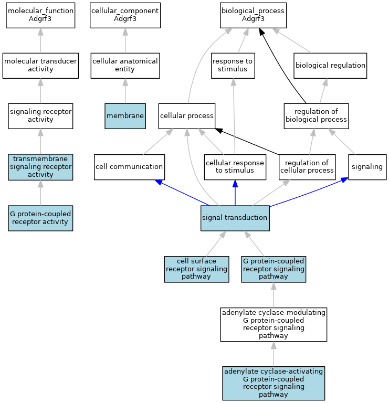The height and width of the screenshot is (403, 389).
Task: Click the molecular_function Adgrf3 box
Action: tap(40, 15)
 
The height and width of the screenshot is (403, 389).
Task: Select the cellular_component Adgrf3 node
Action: tap(125, 15)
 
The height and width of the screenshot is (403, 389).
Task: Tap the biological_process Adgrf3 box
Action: tap(253, 15)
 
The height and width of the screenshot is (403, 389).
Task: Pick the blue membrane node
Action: tap(125, 116)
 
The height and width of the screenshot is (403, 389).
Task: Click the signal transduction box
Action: tap(235, 218)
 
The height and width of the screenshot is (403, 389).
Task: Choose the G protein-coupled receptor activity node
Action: tap(40, 218)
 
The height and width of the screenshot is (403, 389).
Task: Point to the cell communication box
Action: tap(129, 167)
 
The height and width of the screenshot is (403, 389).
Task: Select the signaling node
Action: tap(367, 167)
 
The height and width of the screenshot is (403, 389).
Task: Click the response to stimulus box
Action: tap(233, 66)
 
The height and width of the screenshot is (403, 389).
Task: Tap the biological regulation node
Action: tap(330, 66)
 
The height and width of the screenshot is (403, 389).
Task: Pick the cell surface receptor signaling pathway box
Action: tap(197, 269)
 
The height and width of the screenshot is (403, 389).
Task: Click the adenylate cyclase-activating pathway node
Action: tap(274, 383)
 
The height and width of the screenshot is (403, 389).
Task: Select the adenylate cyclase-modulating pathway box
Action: tap(274, 325)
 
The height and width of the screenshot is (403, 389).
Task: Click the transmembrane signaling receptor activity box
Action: tap(40, 167)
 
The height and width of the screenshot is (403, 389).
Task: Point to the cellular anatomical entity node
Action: tap(125, 66)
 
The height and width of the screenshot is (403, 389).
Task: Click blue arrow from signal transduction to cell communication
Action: tap(182, 193)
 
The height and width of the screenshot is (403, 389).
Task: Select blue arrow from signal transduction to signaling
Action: tap(309, 192)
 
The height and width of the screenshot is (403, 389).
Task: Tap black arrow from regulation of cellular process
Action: tap(247, 142)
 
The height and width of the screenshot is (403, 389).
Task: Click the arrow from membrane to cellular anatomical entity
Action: tap(125, 91)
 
